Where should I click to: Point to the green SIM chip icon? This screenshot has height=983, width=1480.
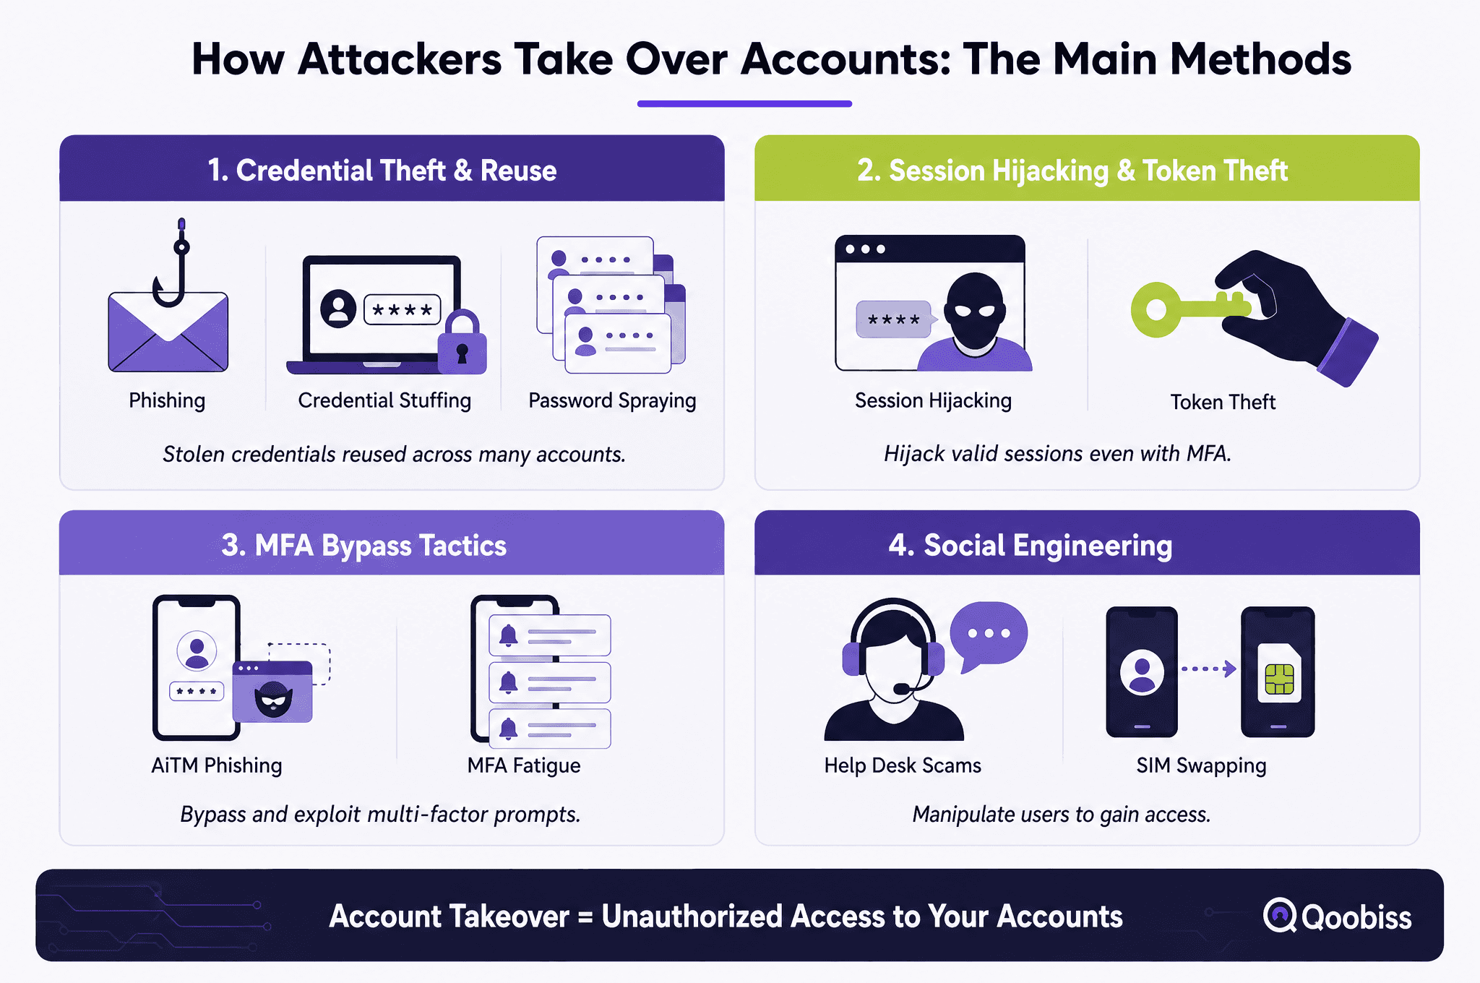coord(1279,678)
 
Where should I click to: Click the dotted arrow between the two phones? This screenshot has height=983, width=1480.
coord(1208,669)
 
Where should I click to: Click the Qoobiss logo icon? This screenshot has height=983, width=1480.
coord(1280,915)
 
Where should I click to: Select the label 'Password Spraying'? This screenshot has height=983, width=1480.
coord(612,400)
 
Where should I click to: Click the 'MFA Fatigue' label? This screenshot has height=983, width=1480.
coord(524,765)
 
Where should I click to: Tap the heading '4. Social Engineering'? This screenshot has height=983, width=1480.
coord(1031,545)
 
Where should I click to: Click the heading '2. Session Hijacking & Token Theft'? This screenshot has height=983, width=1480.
coord(1072,171)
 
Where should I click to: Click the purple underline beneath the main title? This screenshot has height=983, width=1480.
coord(744,103)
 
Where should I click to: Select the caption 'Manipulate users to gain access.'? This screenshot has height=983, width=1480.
coord(1061,815)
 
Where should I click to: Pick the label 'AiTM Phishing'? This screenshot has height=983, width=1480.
coord(217,765)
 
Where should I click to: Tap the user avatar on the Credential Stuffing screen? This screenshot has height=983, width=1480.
coord(338,309)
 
